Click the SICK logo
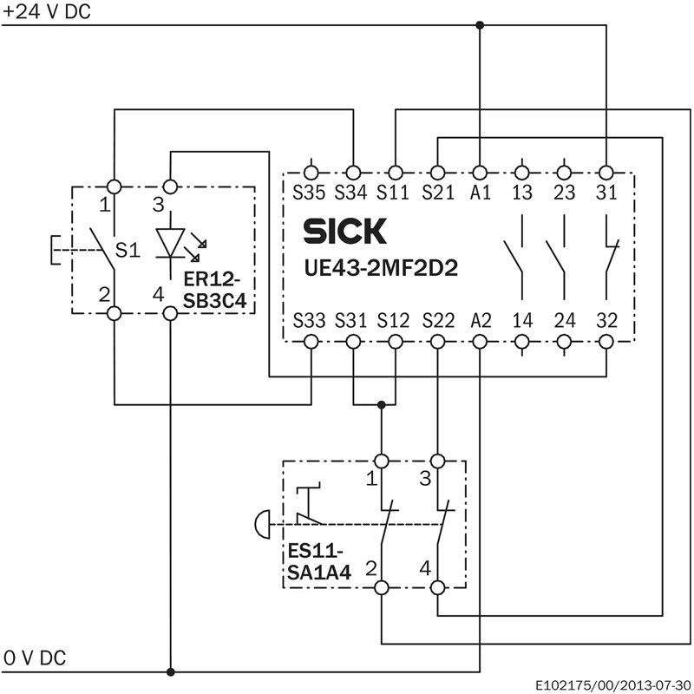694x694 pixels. click(x=344, y=231)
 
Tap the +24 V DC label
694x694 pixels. click(x=47, y=11)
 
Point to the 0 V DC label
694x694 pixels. click(x=35, y=658)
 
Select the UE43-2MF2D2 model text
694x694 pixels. click(x=381, y=268)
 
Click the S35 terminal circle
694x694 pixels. click(x=311, y=172)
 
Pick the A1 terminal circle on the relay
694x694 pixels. click(x=480, y=172)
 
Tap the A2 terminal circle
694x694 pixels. click(x=480, y=342)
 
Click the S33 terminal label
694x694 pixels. click(x=309, y=320)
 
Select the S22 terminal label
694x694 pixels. click(x=438, y=320)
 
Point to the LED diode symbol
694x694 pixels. click(x=171, y=243)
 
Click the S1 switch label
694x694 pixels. click(x=128, y=250)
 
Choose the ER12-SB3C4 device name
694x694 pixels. click(x=214, y=291)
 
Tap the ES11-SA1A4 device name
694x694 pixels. click(x=318, y=562)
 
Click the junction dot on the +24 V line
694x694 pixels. click(x=480, y=25)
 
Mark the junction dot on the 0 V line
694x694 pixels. click(x=171, y=671)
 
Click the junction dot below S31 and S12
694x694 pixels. click(x=382, y=404)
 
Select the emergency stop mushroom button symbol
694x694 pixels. click(x=263, y=525)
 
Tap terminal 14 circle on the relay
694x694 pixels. click(x=522, y=342)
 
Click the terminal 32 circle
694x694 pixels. click(x=606, y=342)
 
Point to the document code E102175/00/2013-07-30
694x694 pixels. click(x=613, y=685)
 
